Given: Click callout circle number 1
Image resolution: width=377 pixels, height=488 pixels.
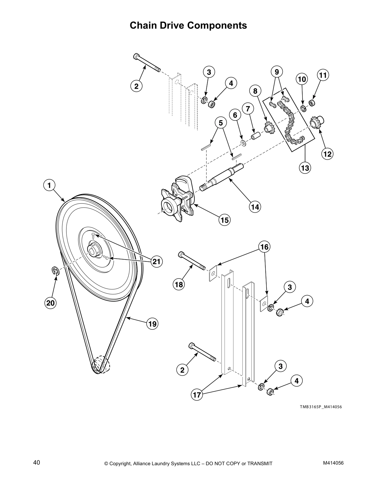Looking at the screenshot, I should pos(49,185).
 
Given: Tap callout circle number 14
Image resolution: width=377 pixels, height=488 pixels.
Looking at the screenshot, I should pos(255,207).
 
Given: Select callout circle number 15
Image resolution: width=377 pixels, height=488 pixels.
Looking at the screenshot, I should pos(225,220).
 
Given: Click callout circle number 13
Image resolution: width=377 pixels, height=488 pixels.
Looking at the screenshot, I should pos(305,168).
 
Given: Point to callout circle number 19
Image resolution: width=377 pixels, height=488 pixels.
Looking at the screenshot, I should pos(152,324).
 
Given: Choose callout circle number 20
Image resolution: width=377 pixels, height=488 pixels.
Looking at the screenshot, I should pos(50,303).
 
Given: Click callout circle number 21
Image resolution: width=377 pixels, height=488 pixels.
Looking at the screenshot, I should pos(156,262).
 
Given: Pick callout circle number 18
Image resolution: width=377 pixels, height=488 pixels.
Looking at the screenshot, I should pos(179,284).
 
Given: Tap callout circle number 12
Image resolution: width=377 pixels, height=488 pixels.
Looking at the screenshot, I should pos(327,153).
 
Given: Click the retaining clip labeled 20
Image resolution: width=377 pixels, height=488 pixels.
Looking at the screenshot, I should pos(55,270).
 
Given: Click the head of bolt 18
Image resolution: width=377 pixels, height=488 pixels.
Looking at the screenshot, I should pos(181,254).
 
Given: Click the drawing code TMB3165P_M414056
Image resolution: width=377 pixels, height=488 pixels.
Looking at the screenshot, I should pos(321,407).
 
